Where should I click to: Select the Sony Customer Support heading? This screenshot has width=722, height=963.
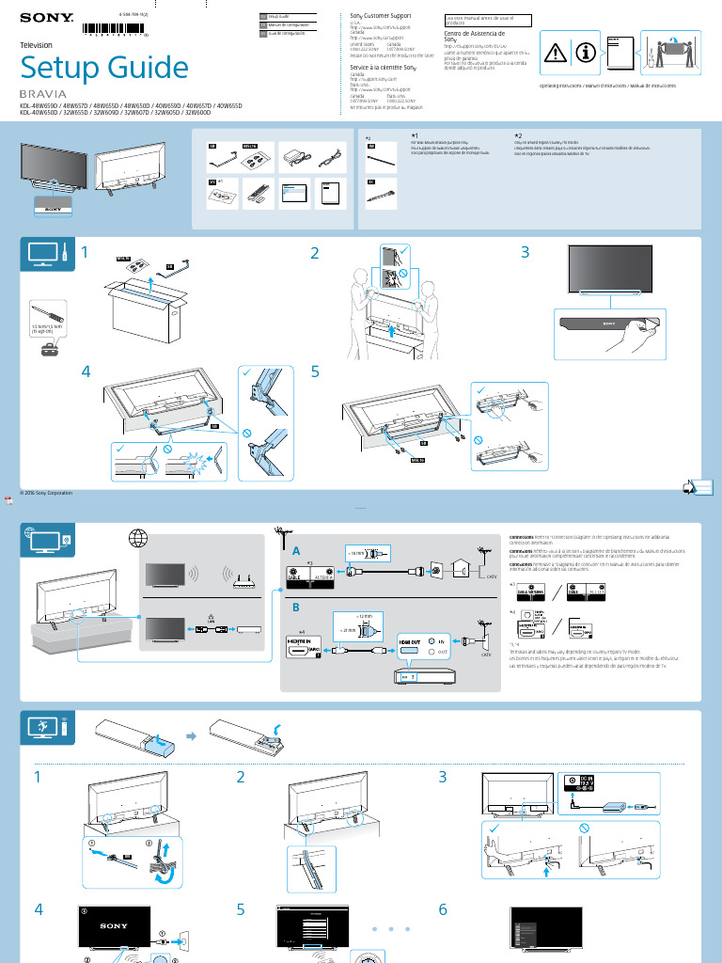pos(380,16)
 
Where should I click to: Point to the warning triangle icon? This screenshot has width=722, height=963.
pos(558,53)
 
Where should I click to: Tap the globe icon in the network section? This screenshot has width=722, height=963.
pos(139,540)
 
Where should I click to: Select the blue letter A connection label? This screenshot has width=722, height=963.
pos(296,551)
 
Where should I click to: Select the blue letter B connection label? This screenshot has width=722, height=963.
pos(296,607)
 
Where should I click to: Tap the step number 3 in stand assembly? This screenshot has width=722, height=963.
pos(525,252)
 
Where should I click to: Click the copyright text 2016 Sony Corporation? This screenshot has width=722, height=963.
pos(45,492)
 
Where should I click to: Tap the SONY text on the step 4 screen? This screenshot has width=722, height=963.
pos(113,926)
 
